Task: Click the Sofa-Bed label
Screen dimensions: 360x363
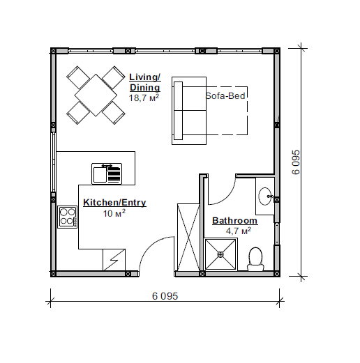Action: click(x=225, y=96)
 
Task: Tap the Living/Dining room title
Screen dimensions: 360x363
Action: click(x=145, y=82)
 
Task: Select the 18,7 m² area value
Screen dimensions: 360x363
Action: click(x=144, y=98)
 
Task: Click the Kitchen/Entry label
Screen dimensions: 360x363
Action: click(x=114, y=202)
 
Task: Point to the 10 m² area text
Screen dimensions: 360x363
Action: click(x=114, y=213)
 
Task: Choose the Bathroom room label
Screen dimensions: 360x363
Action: click(x=234, y=220)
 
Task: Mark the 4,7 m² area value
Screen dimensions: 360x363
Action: click(x=239, y=231)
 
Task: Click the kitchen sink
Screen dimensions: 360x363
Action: click(x=107, y=173)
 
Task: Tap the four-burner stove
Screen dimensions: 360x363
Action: click(x=68, y=217)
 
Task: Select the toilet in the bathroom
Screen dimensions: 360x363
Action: click(x=255, y=259)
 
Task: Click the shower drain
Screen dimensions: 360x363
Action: click(x=220, y=254)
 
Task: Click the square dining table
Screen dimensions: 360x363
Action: click(x=96, y=95)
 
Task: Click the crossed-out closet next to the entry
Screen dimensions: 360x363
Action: click(x=188, y=238)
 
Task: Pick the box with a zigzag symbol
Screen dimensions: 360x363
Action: click(x=114, y=260)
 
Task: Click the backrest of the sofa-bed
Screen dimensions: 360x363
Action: click(x=178, y=111)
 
